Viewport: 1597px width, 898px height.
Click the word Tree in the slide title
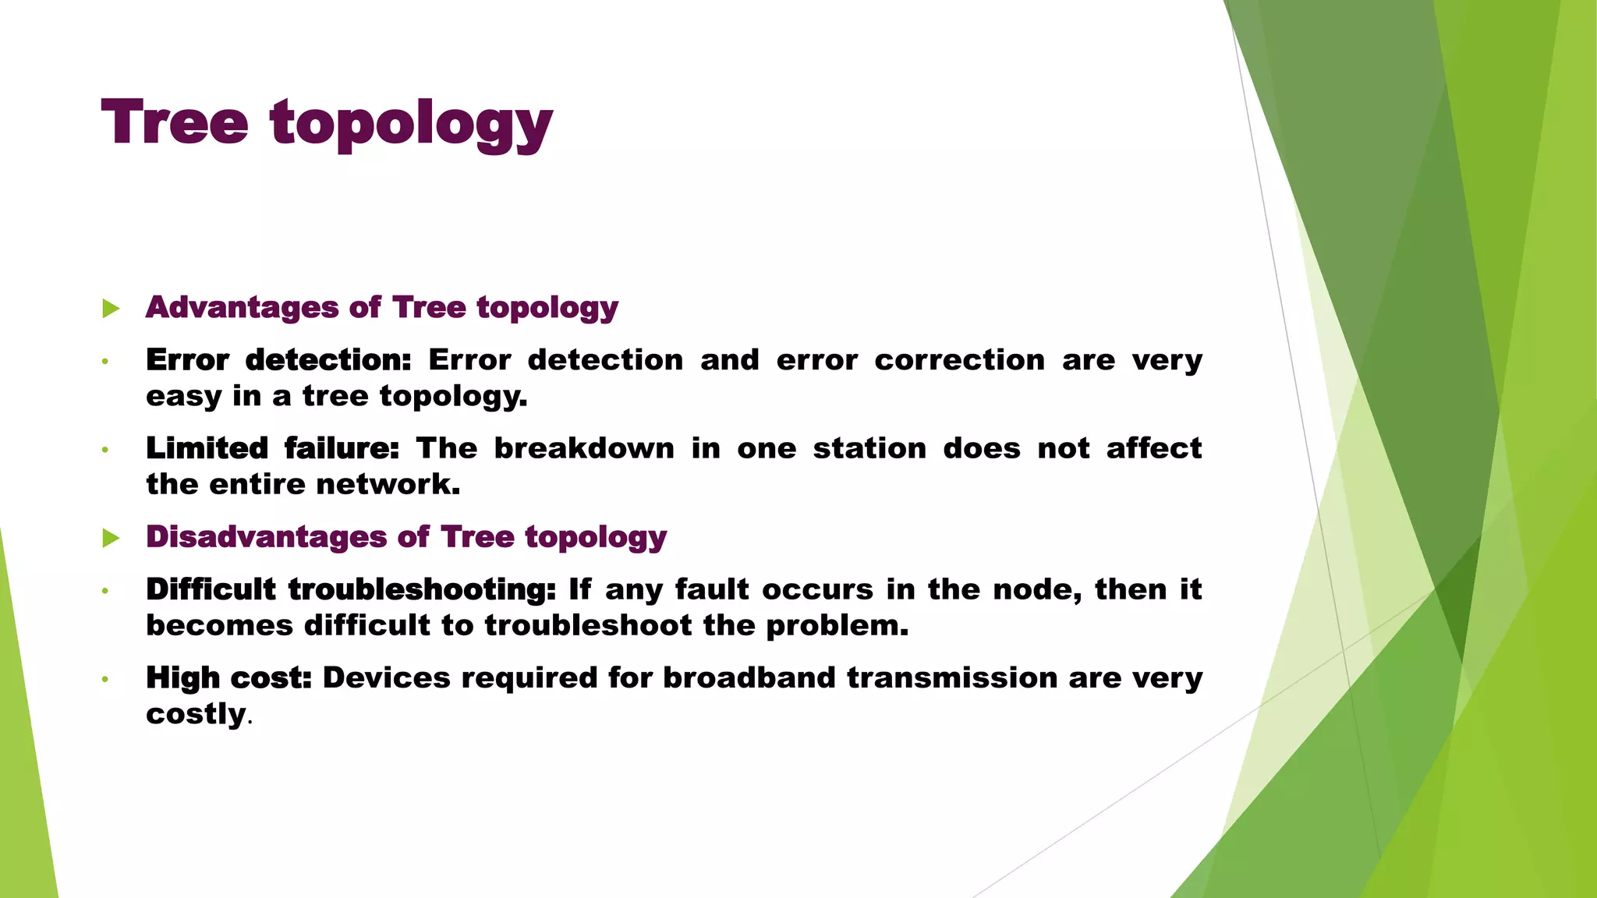pos(175,122)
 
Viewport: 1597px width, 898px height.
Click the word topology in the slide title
pos(411,125)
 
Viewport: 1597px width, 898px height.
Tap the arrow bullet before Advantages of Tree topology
pos(111,309)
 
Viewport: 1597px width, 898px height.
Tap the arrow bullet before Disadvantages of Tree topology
pos(111,538)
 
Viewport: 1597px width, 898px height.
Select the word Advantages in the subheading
pos(243,307)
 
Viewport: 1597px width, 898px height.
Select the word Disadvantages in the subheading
pos(265,537)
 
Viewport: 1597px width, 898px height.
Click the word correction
pos(959,360)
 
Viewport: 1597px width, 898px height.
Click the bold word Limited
pos(207,448)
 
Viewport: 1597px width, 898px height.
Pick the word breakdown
pos(584,448)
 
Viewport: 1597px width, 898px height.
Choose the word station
pos(869,448)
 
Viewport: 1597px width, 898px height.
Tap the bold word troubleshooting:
pos(422,590)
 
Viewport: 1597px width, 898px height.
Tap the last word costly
pos(196,714)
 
